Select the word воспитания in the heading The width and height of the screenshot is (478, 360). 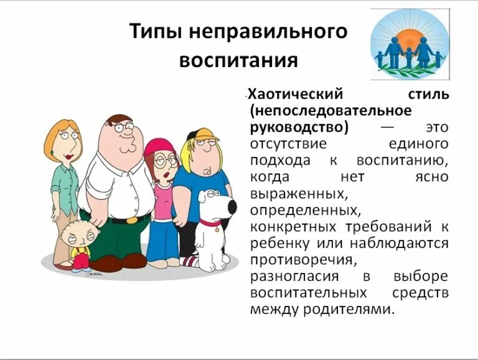[x=238, y=61]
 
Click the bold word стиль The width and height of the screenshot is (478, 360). [x=428, y=95]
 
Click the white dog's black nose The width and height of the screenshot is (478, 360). [x=232, y=208]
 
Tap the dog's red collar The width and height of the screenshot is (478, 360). [x=210, y=221]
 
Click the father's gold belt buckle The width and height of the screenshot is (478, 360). [x=132, y=219]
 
